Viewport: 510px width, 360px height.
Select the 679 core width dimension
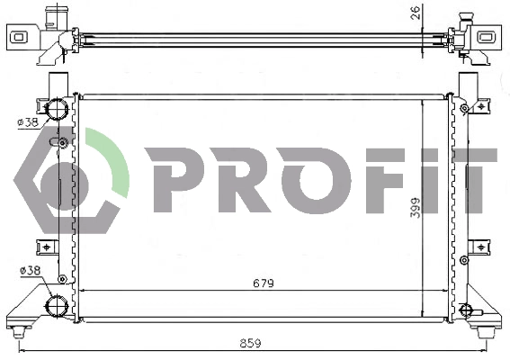[x=262, y=283]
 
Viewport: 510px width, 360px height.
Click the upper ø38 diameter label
[x=28, y=122]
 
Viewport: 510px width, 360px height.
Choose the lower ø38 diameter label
[x=28, y=270]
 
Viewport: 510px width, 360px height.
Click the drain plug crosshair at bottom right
[x=465, y=310]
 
